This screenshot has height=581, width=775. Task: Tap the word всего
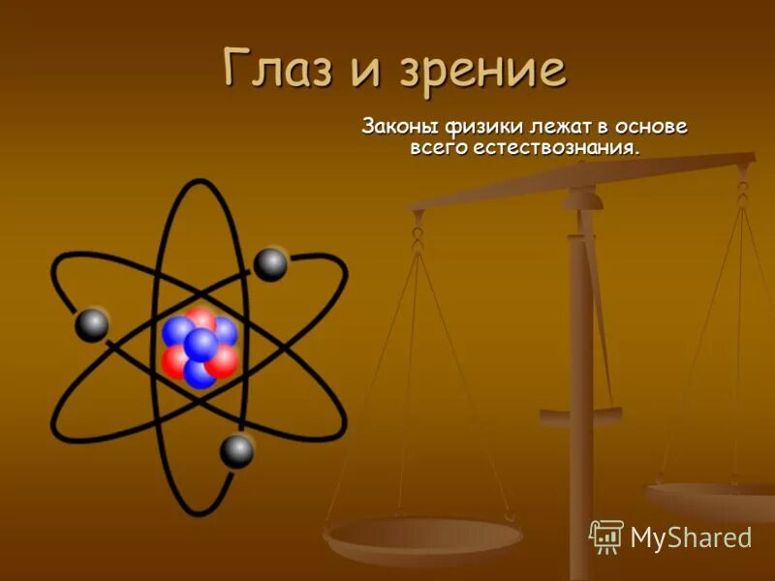tap(435, 148)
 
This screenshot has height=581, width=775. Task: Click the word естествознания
tap(556, 148)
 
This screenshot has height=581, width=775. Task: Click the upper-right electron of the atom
tap(270, 264)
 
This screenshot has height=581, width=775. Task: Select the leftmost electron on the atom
tap(91, 324)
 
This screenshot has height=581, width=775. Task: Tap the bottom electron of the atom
tap(236, 450)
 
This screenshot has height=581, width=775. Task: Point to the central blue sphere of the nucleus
tap(201, 345)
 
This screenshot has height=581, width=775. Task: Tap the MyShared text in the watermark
tap(690, 537)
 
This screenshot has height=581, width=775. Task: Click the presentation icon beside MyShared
tap(606, 535)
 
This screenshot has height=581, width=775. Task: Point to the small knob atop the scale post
tap(582, 199)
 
